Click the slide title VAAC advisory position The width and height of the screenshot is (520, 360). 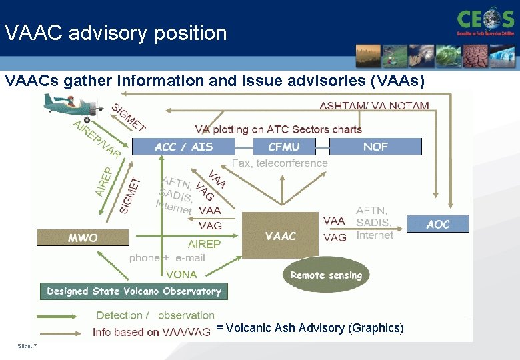click(x=115, y=33)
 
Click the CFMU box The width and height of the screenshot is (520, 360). click(x=284, y=147)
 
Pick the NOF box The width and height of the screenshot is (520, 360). click(x=375, y=147)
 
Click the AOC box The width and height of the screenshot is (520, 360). click(x=438, y=224)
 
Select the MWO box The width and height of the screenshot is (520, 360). click(x=82, y=237)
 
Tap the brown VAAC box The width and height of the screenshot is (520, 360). click(x=279, y=235)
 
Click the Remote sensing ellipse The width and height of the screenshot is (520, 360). click(x=326, y=275)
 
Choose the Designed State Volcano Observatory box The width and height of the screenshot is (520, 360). click(x=134, y=291)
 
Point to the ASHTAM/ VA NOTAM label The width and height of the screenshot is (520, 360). click(x=374, y=105)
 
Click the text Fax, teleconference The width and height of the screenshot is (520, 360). click(x=280, y=163)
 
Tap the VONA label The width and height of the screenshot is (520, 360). click(x=181, y=274)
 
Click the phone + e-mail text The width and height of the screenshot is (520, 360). click(x=167, y=258)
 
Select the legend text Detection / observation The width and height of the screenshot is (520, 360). click(x=155, y=315)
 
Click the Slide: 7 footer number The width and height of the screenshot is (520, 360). click(x=27, y=345)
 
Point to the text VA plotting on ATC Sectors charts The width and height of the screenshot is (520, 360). click(x=278, y=129)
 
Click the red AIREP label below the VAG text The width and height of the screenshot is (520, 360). click(x=204, y=244)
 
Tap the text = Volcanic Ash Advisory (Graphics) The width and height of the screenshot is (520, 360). click(x=310, y=328)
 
